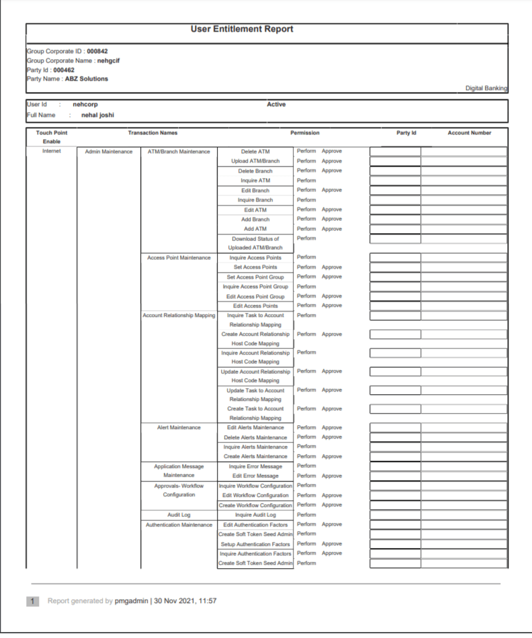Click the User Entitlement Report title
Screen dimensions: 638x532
(x=242, y=29)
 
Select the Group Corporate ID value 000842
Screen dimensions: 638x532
(x=97, y=50)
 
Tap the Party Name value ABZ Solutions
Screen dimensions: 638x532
(x=86, y=79)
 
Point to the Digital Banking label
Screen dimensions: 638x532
(x=486, y=88)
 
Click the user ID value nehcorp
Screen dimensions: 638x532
(x=85, y=105)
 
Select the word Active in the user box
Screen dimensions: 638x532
(x=276, y=105)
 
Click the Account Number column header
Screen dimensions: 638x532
(x=470, y=133)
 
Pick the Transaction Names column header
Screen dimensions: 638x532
(x=152, y=133)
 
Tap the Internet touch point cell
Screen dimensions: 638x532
(x=51, y=152)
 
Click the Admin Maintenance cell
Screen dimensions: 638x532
(x=109, y=152)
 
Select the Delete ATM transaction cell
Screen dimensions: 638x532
(x=255, y=152)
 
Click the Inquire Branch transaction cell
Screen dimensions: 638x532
(x=255, y=200)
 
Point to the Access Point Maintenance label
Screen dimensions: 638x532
(x=179, y=258)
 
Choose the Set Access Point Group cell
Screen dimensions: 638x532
(x=255, y=277)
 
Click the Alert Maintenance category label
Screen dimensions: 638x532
(x=179, y=428)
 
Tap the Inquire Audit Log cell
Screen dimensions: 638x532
(x=255, y=515)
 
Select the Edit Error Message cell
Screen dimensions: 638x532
(x=255, y=476)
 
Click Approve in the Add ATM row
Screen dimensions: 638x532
(x=332, y=229)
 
